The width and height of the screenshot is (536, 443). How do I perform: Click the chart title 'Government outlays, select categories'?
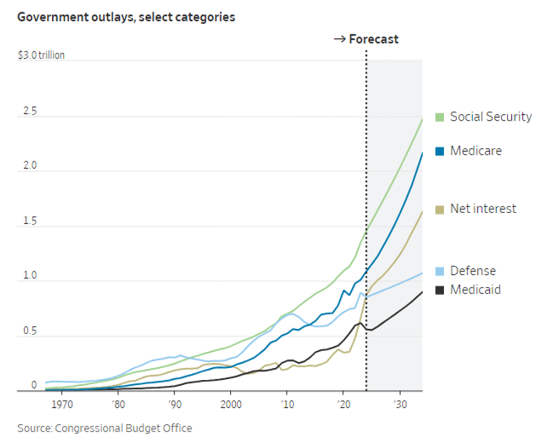coord(126,18)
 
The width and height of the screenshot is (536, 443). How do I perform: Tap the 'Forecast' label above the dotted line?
coord(374,39)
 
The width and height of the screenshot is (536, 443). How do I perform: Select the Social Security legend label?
coord(491,117)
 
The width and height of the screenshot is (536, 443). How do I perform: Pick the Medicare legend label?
coord(476,151)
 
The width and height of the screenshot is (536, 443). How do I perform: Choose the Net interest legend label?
coord(483,209)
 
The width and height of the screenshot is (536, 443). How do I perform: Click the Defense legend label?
coord(473,271)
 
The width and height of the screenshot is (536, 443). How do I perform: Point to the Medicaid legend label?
coord(476,290)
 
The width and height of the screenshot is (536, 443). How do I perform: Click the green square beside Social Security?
coord(440,117)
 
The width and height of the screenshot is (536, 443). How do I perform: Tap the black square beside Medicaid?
coord(440,290)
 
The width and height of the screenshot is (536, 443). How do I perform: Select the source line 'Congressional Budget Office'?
coord(104,428)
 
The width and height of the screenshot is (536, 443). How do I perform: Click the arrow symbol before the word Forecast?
coord(340,40)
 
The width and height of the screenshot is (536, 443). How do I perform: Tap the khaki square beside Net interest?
coord(440,209)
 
